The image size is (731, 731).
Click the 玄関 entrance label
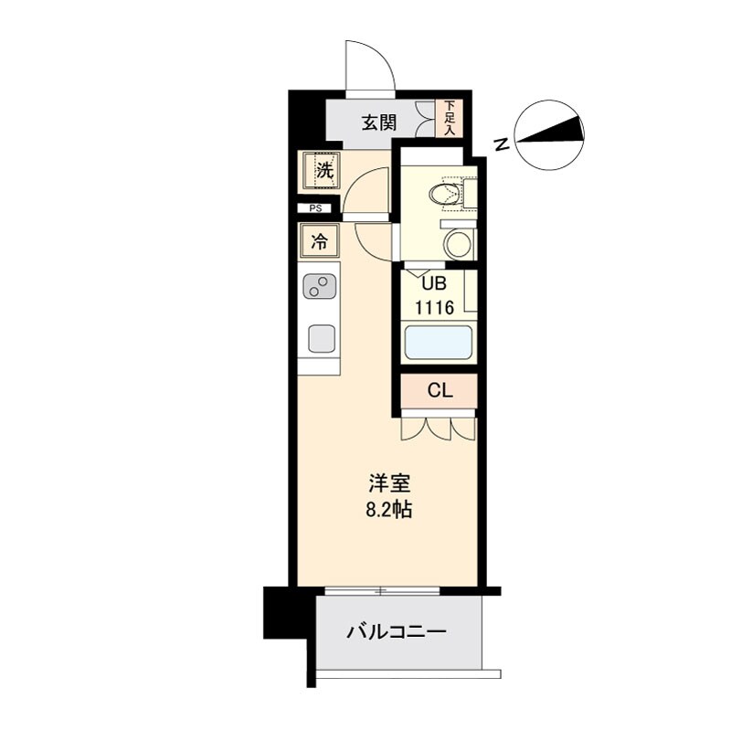[x=377, y=122]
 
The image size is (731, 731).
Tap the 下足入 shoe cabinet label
[x=449, y=118]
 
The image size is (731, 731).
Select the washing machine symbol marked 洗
[x=321, y=169]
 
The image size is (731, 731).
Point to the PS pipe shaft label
[x=315, y=209]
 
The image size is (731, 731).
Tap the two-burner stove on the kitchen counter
[x=319, y=288]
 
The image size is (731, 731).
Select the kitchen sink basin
[x=321, y=338]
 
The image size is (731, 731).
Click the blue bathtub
[x=438, y=344]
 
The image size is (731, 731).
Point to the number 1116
[x=435, y=307]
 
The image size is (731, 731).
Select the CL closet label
[x=440, y=390]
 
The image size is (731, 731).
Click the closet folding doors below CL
[x=439, y=426]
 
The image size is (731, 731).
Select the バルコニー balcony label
[x=396, y=631]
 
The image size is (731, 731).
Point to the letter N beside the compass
[x=501, y=143]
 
